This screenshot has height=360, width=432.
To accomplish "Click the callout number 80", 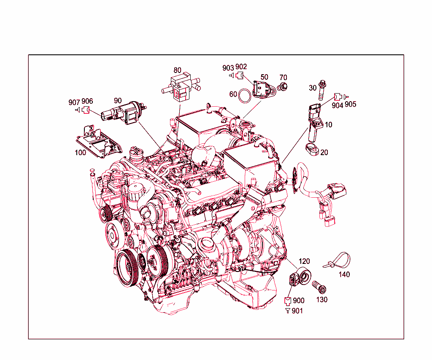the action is point(178,70).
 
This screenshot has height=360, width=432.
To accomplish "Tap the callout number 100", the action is point(81,153).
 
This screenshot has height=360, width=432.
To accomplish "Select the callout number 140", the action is point(344,274).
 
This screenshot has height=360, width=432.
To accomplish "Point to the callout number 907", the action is point(74,102).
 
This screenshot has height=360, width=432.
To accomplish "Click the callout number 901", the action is point(297,311).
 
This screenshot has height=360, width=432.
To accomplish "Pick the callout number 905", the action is point(351,104).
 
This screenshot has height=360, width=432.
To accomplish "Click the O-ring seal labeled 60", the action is point(245,96).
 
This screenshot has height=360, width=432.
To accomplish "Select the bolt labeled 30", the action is point(321,91).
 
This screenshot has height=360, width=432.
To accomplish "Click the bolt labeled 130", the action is point(319,287).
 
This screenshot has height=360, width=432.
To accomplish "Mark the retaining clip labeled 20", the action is point(313,149).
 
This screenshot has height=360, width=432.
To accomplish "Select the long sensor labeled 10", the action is point(315,121).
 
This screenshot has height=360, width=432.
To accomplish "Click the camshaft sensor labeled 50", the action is point(264,89).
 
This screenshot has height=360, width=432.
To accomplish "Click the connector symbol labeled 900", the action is point(288,301).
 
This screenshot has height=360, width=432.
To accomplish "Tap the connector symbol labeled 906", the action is point(86,110).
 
